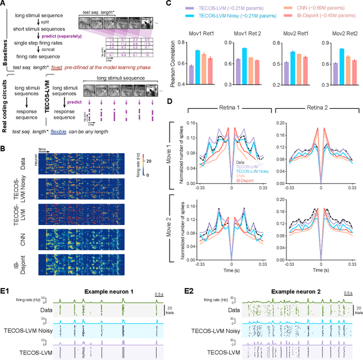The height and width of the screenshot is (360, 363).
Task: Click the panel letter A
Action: coord(5,5)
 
